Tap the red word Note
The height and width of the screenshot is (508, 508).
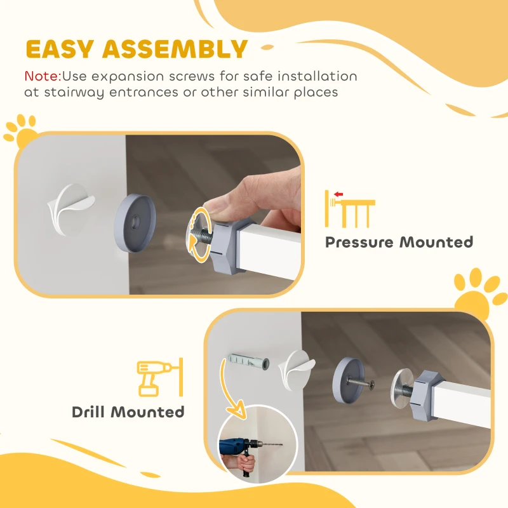click(42, 76)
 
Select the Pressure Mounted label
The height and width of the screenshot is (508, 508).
click(399, 243)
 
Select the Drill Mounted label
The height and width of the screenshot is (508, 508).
click(128, 412)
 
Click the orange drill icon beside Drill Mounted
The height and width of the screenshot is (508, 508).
click(155, 378)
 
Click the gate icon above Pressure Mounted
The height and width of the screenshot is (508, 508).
click(349, 209)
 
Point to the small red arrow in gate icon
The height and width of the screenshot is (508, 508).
click(338, 194)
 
